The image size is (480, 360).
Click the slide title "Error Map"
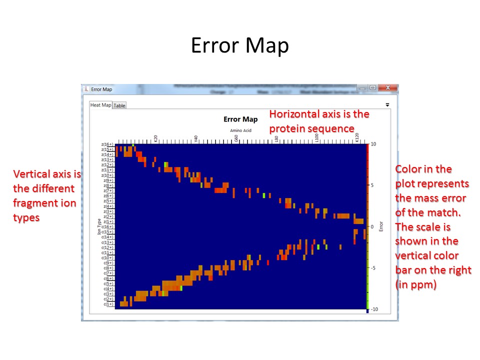point(239,46)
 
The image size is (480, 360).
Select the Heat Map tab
point(100,105)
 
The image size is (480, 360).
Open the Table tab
point(119,105)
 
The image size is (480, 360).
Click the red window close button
point(387,88)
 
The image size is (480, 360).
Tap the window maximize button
point(372,88)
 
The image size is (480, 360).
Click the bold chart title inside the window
point(240,119)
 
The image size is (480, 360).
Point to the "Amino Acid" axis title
point(240,130)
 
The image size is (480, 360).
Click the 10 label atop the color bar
point(373,144)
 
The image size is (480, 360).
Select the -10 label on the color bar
point(374,309)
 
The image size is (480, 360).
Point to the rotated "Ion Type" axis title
point(99,226)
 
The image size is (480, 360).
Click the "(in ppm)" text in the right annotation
point(414,284)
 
